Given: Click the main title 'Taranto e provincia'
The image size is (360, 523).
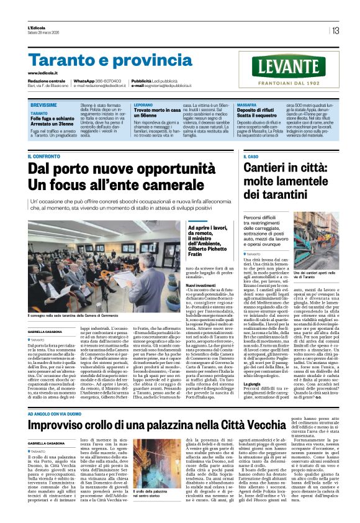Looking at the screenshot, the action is [x=102, y=61].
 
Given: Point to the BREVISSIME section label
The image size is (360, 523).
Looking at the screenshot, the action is [x=43, y=106].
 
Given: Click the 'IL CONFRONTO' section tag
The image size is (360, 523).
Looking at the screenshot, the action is [x=43, y=157].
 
